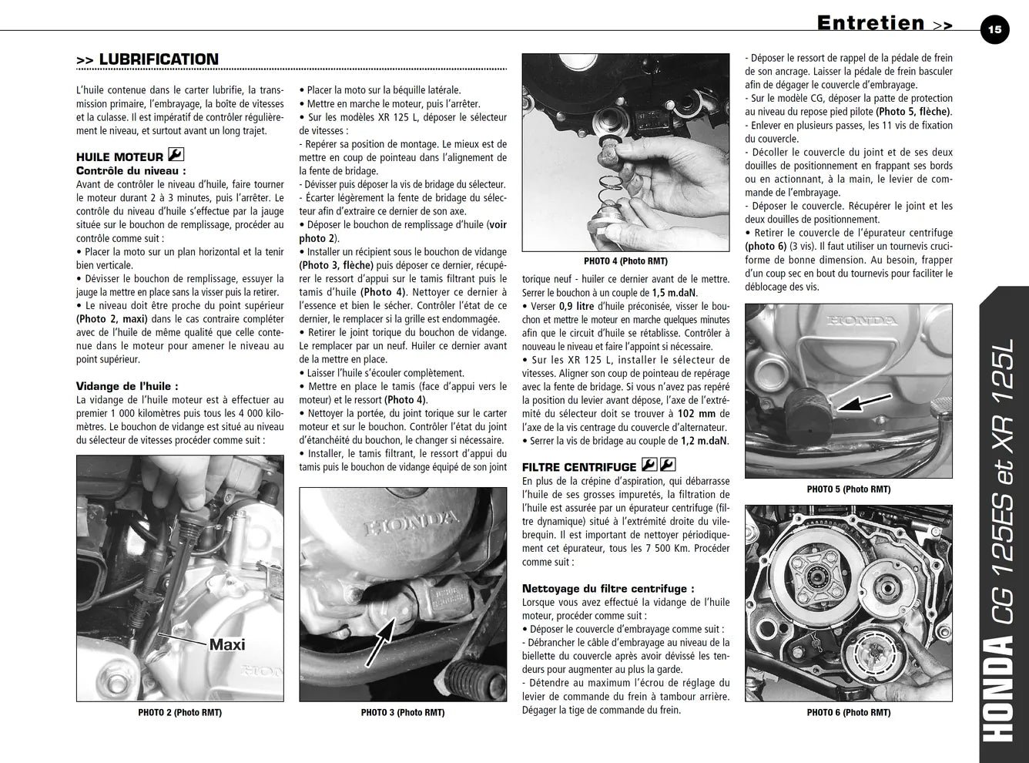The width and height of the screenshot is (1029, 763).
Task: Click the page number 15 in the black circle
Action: point(994,30)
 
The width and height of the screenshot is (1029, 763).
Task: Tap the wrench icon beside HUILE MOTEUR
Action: point(176,154)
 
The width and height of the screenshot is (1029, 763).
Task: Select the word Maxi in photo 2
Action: point(227,644)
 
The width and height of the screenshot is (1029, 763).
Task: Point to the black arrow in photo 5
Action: point(863,402)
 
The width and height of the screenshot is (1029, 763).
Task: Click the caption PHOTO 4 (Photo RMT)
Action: point(625,261)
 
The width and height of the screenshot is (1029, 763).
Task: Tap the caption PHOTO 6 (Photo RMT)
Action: point(849,712)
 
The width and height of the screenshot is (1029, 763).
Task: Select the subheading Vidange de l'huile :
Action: point(127,386)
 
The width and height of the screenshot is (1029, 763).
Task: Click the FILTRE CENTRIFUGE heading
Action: point(579,467)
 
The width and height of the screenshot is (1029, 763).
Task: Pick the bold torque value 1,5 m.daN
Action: point(675,293)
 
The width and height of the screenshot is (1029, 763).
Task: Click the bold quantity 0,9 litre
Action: point(577,306)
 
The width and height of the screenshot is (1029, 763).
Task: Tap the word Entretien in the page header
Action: point(871,23)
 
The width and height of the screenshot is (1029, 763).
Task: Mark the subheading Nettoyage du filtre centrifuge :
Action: point(608,588)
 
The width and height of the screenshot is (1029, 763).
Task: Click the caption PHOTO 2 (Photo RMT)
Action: point(180,712)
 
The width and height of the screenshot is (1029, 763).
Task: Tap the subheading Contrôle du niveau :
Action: point(131,170)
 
